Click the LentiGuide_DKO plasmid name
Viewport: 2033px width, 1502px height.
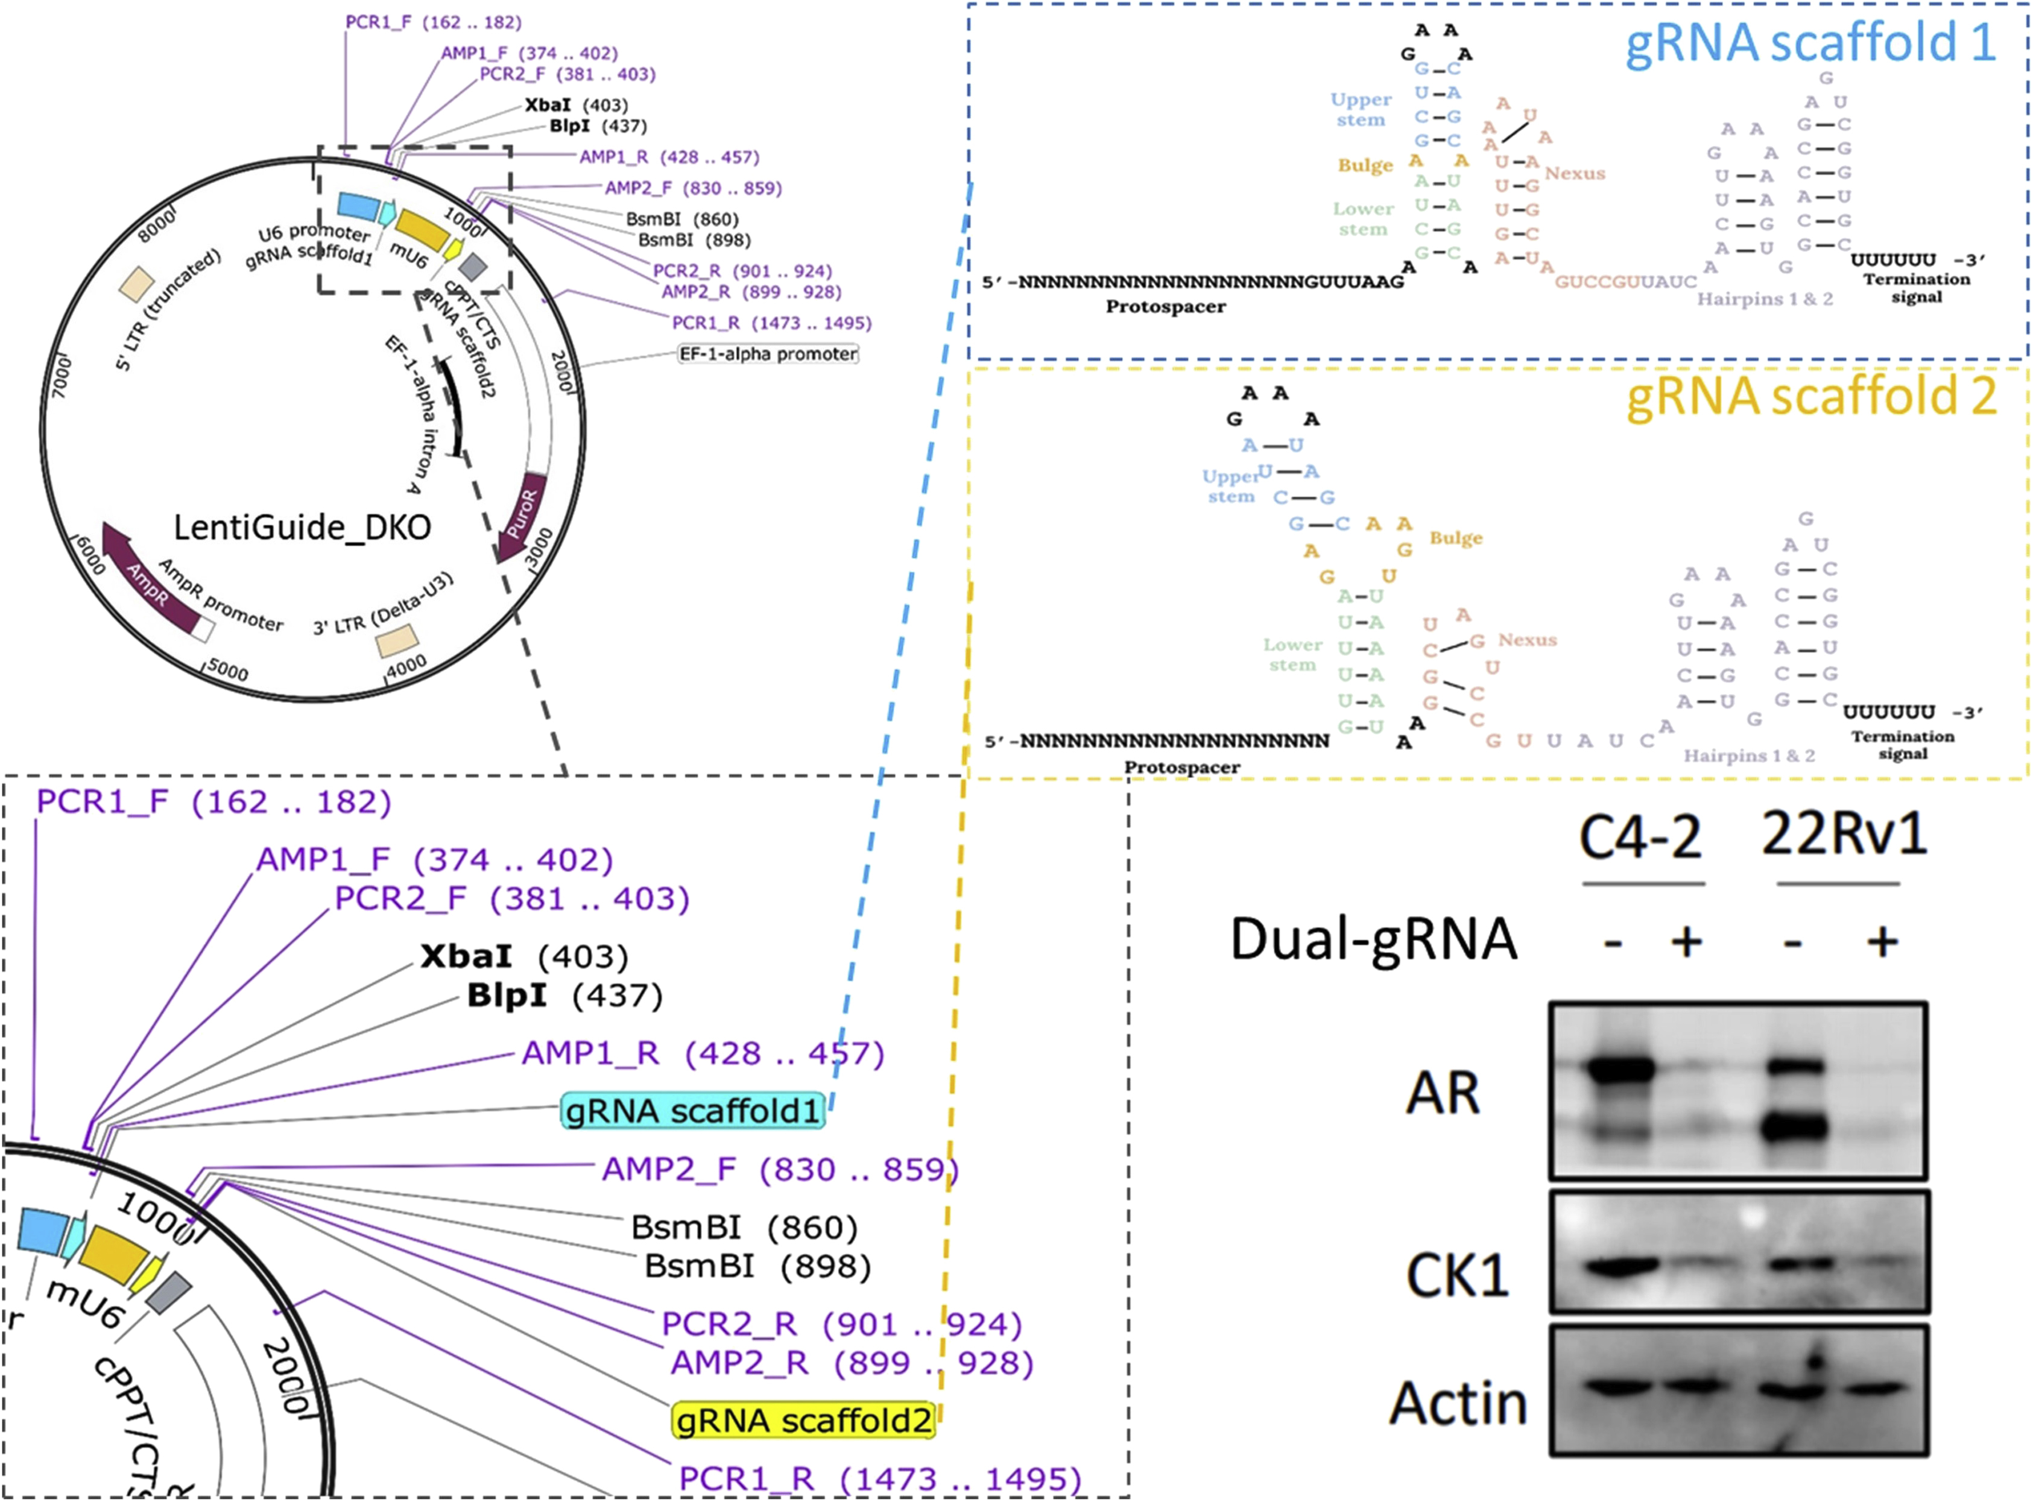coord(302,528)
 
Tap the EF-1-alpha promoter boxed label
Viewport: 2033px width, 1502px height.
coord(768,354)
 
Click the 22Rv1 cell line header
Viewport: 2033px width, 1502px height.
coord(1844,834)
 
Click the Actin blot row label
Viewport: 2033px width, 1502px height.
coord(1458,1403)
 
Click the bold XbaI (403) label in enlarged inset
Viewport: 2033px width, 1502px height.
coord(523,956)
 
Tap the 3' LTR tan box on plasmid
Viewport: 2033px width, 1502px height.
coord(398,640)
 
